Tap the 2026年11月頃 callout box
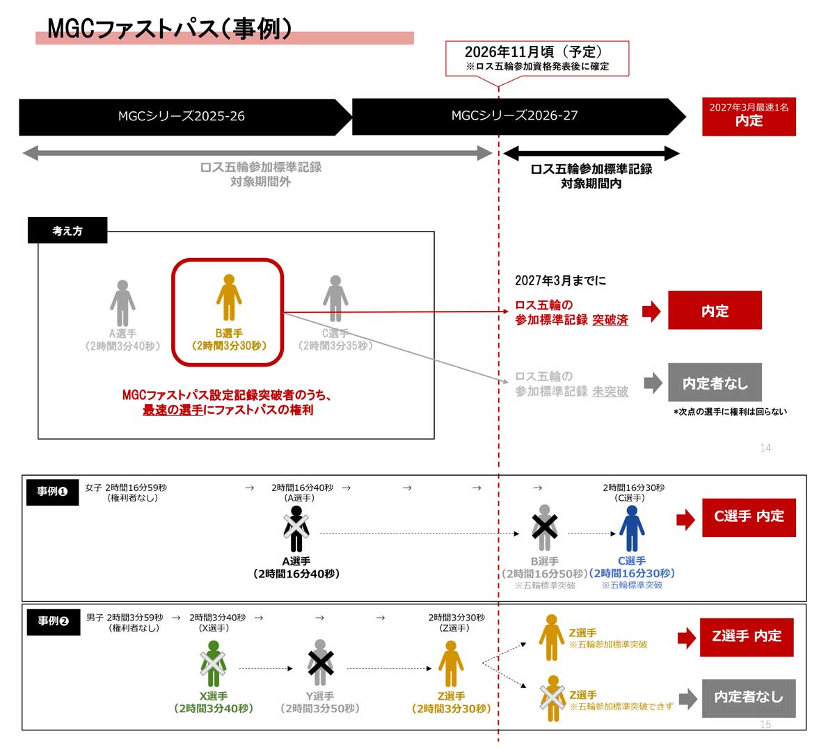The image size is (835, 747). (537, 58)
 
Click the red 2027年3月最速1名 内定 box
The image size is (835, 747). (749, 117)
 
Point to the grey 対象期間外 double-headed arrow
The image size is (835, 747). (257, 153)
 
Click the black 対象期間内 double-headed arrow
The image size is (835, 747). (591, 153)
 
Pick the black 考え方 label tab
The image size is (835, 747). (67, 230)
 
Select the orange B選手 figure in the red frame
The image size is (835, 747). (229, 298)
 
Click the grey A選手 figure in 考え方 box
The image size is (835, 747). (122, 303)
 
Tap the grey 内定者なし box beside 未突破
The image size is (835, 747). (715, 383)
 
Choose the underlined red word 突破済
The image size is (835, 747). (610, 320)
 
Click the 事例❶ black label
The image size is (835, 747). (52, 492)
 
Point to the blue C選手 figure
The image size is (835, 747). (631, 529)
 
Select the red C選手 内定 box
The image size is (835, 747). (749, 517)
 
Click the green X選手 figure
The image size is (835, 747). (213, 664)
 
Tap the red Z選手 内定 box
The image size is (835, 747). (747, 637)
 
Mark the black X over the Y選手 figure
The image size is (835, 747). (320, 663)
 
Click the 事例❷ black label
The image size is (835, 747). (53, 621)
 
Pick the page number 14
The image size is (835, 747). (765, 448)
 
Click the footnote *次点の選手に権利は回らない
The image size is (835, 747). (730, 411)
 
